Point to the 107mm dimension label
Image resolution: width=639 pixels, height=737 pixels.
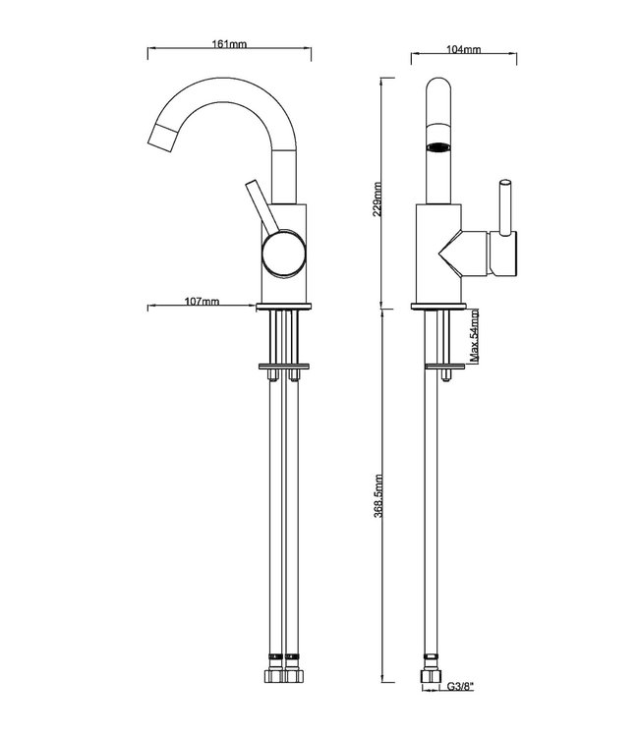tap(203, 303)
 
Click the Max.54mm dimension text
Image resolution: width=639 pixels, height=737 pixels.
tap(475, 336)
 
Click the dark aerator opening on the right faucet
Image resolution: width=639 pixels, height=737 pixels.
tap(438, 148)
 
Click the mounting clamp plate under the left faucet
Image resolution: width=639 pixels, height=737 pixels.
tap(284, 367)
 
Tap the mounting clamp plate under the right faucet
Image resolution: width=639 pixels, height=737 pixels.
tap(446, 367)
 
